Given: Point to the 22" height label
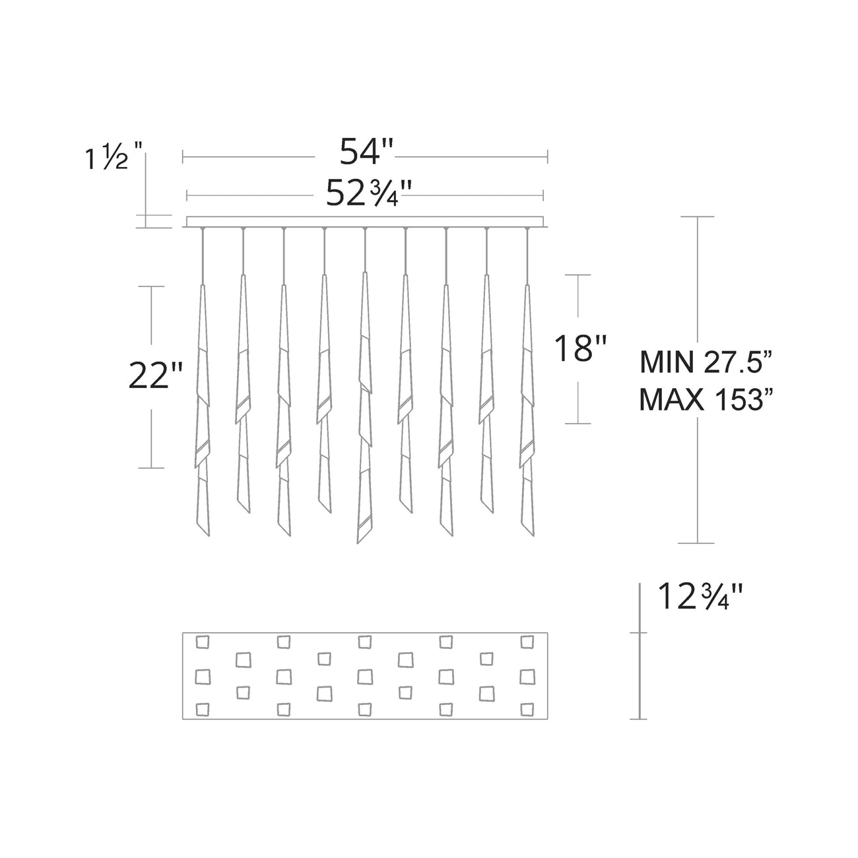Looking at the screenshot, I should pyautogui.click(x=154, y=376).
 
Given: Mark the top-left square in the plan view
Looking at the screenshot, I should pyautogui.click(x=203, y=641).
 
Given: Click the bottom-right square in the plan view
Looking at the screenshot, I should pyautogui.click(x=526, y=708).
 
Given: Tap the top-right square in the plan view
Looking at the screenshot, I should pyautogui.click(x=526, y=641).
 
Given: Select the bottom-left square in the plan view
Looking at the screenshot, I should pyautogui.click(x=203, y=708).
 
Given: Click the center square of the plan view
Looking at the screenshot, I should pyautogui.click(x=364, y=675).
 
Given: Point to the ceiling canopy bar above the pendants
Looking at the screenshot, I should pyautogui.click(x=365, y=222).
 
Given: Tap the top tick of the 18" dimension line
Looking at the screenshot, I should pyautogui.click(x=579, y=275).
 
